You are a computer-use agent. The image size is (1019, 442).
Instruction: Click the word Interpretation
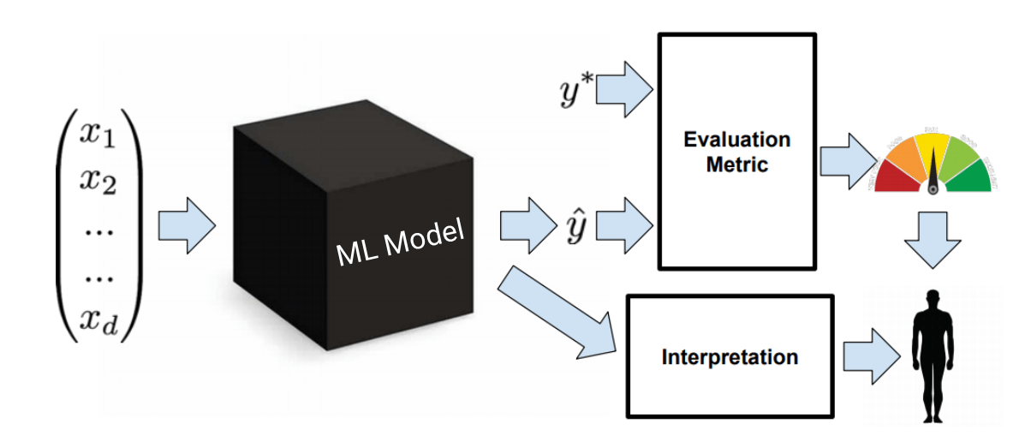point(730,355)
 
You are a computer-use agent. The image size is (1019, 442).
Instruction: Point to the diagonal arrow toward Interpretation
point(557,314)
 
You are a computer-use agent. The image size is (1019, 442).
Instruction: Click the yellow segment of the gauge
point(932,147)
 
